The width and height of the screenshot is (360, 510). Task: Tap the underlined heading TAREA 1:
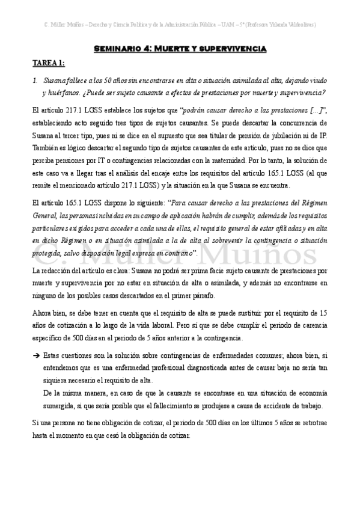tap(49, 63)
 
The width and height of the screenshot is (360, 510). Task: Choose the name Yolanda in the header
tap(276, 25)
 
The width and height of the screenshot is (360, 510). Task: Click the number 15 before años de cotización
tap(322, 312)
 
